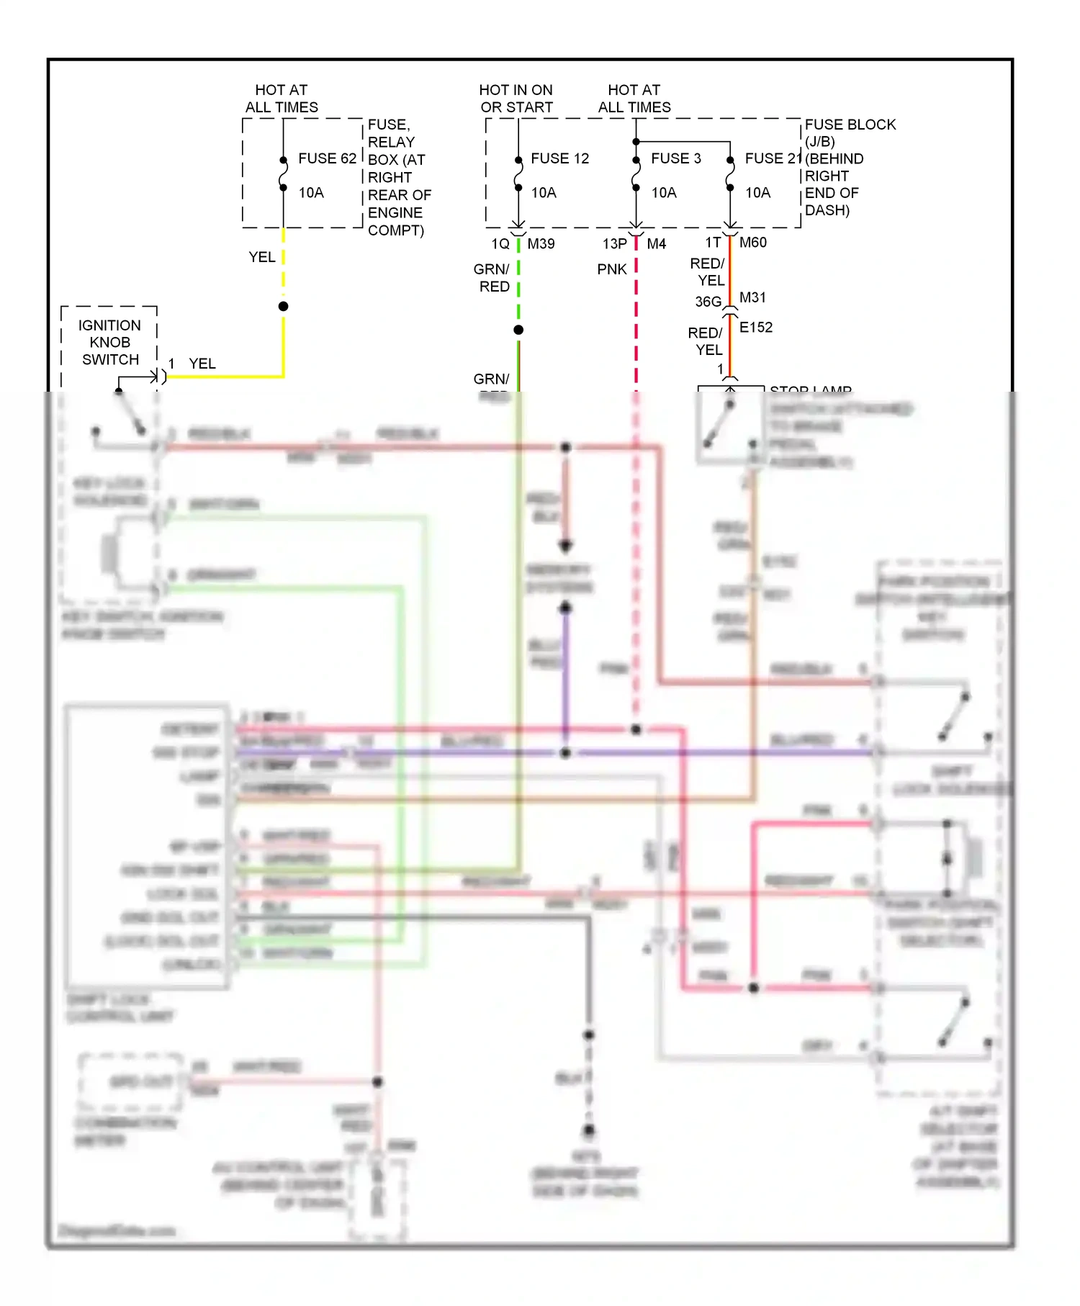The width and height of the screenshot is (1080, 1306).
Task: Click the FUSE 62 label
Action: click(x=327, y=158)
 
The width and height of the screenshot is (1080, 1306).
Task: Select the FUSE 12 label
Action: click(x=559, y=158)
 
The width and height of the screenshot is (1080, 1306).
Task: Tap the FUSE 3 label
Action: click(x=675, y=158)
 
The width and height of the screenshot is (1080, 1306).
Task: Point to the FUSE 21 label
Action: click(x=773, y=158)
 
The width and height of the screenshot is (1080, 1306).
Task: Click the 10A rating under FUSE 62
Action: click(x=311, y=193)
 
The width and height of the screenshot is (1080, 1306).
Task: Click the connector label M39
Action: click(x=541, y=244)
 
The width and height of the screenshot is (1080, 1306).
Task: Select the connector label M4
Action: click(x=656, y=244)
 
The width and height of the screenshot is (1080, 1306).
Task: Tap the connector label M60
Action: click(x=752, y=243)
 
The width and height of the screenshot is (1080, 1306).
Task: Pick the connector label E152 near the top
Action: click(x=755, y=328)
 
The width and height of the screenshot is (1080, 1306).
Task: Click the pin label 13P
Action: click(x=614, y=244)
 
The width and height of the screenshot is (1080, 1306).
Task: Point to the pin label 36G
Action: click(x=708, y=302)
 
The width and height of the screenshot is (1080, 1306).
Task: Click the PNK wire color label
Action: click(x=611, y=269)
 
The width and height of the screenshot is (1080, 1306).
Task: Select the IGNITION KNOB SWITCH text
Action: click(x=109, y=343)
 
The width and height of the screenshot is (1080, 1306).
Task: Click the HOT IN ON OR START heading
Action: click(x=516, y=99)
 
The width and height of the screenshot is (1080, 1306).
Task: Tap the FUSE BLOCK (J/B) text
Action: click(x=850, y=132)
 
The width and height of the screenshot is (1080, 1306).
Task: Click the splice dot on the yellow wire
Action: click(x=284, y=307)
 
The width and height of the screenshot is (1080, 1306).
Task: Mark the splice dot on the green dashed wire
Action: click(x=518, y=330)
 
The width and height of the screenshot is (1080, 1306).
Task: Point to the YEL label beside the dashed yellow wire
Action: click(x=261, y=257)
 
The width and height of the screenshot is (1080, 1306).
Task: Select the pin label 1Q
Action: click(x=500, y=244)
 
